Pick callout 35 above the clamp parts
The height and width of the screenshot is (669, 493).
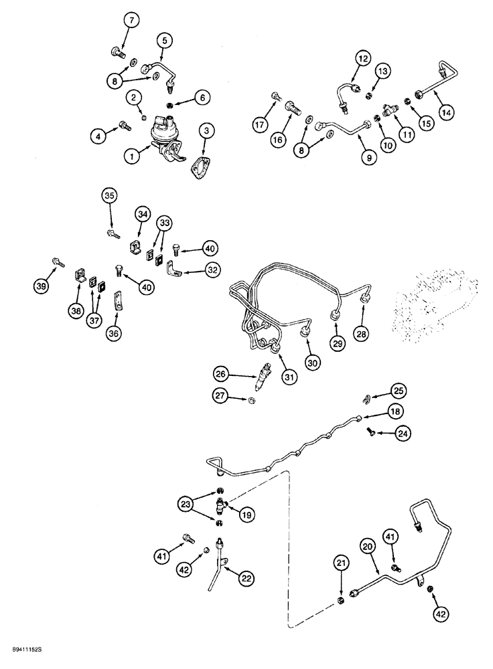pos(109,197)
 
